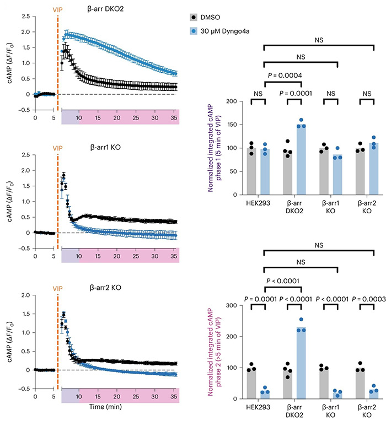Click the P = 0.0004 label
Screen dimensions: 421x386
[x=283, y=75]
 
